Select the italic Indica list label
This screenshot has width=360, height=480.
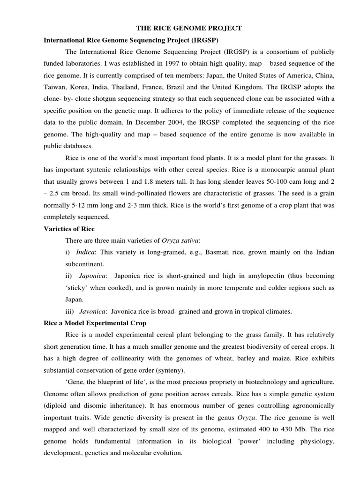pos(86,252)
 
